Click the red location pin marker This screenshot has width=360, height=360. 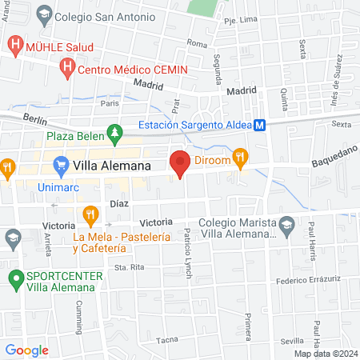(x=180, y=162)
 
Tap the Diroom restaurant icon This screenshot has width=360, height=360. (x=238, y=160)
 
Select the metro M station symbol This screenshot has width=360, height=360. (x=261, y=125)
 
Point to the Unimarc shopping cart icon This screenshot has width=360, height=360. (x=61, y=166)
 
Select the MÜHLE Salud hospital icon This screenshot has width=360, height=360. (x=14, y=43)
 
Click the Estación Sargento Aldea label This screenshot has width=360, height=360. (x=194, y=125)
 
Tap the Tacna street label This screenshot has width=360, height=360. (x=166, y=340)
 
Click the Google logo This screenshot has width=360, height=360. (x=26, y=350)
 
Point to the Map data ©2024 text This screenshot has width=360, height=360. (x=324, y=354)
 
